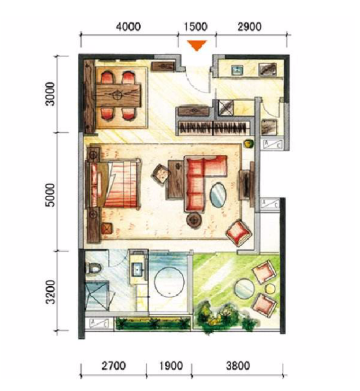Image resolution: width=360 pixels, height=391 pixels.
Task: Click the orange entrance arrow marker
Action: point(197,45)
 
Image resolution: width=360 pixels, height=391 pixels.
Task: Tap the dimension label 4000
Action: point(129,27)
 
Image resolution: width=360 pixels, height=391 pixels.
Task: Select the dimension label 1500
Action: point(196,27)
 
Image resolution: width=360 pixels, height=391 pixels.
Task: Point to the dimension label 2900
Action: point(250,27)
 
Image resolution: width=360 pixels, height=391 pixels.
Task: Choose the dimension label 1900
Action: point(171,366)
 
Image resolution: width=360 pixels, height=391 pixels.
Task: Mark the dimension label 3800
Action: point(238,366)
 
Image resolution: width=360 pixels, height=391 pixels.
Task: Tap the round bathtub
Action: point(169,282)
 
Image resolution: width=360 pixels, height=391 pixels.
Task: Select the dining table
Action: point(118,95)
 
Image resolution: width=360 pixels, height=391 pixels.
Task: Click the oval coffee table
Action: point(218,195)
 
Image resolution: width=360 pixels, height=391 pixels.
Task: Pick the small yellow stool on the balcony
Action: point(270,289)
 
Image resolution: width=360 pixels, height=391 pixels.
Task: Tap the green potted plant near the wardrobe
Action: point(249,144)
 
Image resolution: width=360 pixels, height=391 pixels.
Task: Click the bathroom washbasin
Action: point(137,269)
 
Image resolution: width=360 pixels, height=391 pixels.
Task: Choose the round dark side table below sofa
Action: point(194,220)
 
